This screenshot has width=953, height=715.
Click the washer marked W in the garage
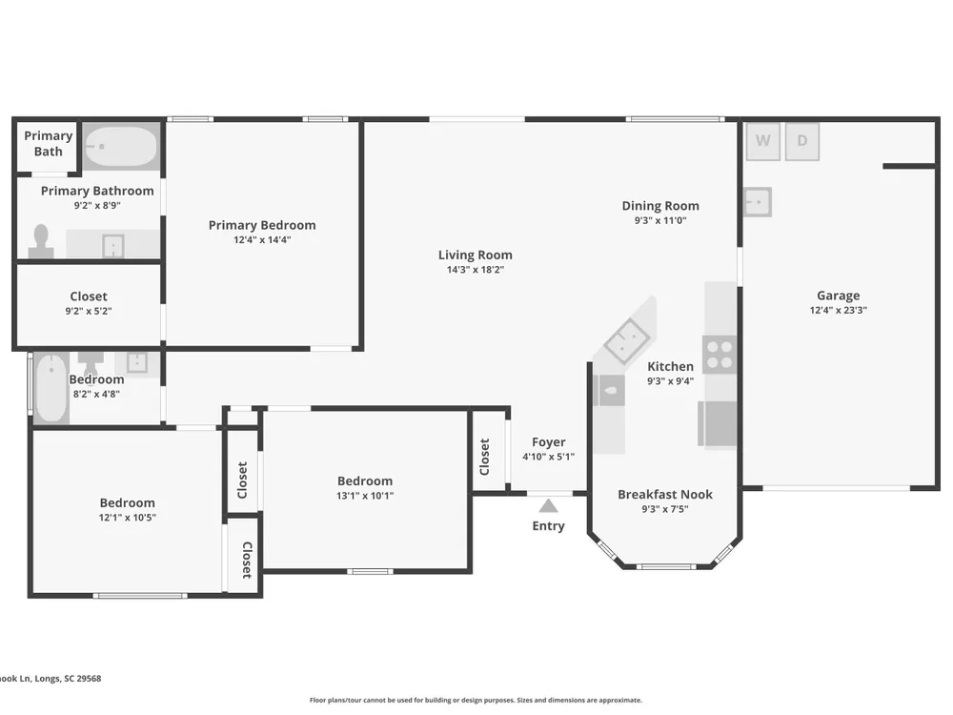(762, 142)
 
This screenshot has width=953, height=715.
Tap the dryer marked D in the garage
(802, 142)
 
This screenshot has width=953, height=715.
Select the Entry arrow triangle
(548, 506)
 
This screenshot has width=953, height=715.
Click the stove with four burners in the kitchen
(720, 355)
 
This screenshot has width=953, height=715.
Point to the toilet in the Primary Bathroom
(41, 241)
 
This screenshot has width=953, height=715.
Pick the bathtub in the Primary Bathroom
(120, 146)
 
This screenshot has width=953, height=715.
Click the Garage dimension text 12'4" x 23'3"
(838, 310)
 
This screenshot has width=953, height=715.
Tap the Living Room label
(476, 255)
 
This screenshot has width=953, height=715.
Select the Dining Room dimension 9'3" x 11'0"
(660, 221)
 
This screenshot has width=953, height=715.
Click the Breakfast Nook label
(665, 494)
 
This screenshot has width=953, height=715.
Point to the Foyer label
(548, 442)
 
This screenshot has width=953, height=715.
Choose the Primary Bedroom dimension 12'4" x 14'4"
(262, 240)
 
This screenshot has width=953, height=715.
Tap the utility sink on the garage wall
(758, 202)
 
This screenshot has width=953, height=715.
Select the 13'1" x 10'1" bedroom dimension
(365, 496)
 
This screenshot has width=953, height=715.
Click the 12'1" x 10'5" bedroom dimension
(127, 518)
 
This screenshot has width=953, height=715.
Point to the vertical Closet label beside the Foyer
(484, 458)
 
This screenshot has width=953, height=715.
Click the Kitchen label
(670, 367)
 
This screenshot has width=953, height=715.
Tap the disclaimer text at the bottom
(476, 701)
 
